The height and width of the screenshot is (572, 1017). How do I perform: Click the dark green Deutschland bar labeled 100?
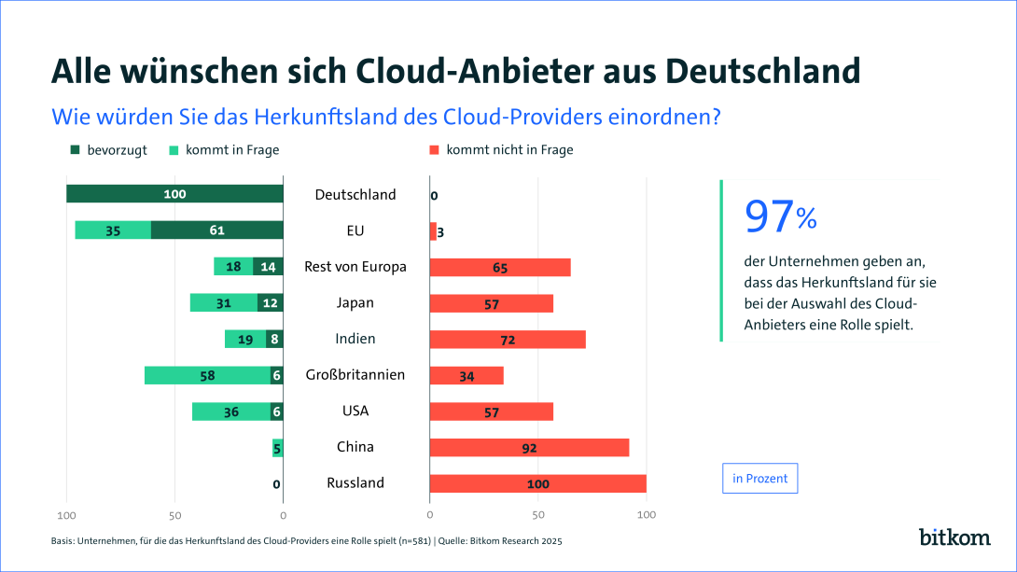pyautogui.click(x=174, y=194)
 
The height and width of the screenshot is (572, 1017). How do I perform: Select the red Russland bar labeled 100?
pyautogui.click(x=537, y=483)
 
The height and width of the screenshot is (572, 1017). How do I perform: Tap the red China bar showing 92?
pyautogui.click(x=529, y=448)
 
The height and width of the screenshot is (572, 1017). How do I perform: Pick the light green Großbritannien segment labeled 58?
pyautogui.click(x=207, y=375)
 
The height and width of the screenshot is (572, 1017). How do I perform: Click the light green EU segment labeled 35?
pyautogui.click(x=113, y=230)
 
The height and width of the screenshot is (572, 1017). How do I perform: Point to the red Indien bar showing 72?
pyautogui.click(x=508, y=340)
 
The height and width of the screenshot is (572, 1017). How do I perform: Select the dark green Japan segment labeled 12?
pyautogui.click(x=270, y=303)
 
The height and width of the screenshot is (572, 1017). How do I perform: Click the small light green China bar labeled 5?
pyautogui.click(x=277, y=448)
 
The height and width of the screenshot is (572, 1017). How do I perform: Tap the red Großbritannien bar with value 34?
pyautogui.click(x=467, y=375)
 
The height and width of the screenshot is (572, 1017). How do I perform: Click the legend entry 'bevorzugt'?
pyautogui.click(x=108, y=149)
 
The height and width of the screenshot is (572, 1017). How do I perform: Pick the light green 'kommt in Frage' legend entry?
pyautogui.click(x=224, y=149)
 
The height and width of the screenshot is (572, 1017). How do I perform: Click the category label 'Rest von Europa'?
pyautogui.click(x=355, y=267)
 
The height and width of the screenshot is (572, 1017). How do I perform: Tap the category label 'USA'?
pyautogui.click(x=355, y=412)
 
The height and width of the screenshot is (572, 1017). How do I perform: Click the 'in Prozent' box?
pyautogui.click(x=759, y=479)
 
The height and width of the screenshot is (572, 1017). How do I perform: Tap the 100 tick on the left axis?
pyautogui.click(x=66, y=515)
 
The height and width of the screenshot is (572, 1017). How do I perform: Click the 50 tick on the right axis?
pyautogui.click(x=537, y=515)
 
